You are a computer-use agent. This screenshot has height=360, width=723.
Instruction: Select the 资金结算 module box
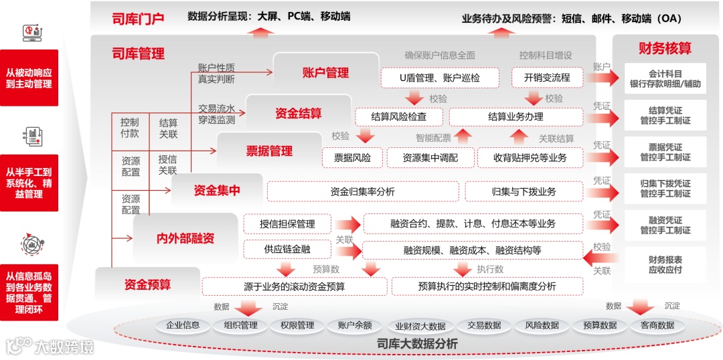point(299,113)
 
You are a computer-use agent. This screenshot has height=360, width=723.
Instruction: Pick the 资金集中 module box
point(217,191)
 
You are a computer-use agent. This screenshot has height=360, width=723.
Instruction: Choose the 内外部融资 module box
point(185,238)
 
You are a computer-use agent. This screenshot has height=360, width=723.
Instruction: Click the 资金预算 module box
point(147,284)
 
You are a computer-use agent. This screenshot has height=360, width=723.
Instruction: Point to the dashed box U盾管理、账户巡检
point(440,78)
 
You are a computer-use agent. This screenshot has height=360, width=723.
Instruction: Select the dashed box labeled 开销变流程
point(547,78)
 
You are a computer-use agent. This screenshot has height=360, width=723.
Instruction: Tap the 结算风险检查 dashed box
point(398,116)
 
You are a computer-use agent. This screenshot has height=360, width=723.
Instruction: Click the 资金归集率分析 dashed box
point(363,191)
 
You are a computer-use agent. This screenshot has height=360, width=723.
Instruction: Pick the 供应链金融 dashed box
point(287,250)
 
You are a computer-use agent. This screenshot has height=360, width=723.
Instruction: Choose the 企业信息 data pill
point(183,325)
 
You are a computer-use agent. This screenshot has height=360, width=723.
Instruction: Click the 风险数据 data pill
point(542,325)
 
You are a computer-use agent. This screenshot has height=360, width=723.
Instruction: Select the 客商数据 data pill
point(657,325)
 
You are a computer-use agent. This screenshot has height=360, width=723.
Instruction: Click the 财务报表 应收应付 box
point(665,265)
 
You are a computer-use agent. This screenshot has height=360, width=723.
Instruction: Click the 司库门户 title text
point(138,19)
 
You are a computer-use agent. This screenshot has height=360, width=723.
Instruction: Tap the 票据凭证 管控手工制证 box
point(665,152)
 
